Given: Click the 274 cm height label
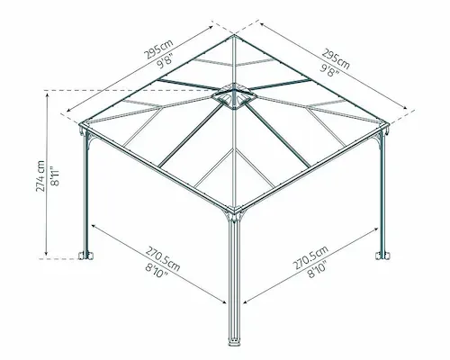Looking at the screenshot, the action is (x=40, y=176).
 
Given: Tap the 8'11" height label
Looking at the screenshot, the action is (x=56, y=175).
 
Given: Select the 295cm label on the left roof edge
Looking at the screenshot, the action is (x=158, y=49).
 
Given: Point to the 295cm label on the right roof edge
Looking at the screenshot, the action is (x=336, y=58).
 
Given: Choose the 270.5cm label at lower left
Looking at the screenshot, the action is (x=163, y=259).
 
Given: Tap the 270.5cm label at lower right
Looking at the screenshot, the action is (x=310, y=257).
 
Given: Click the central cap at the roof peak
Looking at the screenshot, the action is (x=234, y=95).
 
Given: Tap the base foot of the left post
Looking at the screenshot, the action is (x=85, y=256).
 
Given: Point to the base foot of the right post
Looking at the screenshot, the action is (x=382, y=256).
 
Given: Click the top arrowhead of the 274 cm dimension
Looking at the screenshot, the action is (x=47, y=95).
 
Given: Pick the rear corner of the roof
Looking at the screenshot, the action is (x=234, y=35).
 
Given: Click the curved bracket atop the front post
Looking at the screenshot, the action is (x=234, y=214).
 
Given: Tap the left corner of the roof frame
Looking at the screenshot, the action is (x=81, y=124).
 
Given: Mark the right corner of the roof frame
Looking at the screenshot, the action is (x=387, y=123).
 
